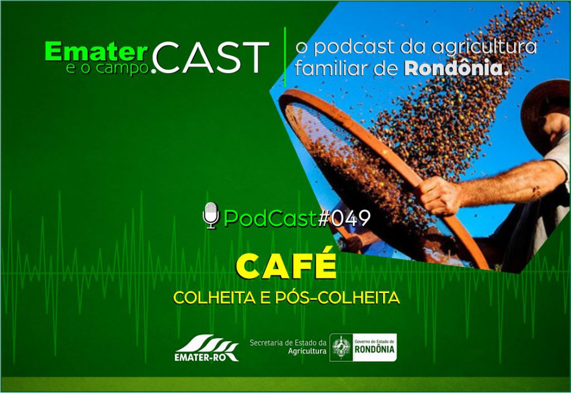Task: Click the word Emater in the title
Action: pos(96,52)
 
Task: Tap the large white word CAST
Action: pos(210,57)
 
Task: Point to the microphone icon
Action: pos(211,215)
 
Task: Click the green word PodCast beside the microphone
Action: pos(270,218)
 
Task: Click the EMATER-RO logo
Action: pos(206,347)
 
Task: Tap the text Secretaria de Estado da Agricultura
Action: pos(288,347)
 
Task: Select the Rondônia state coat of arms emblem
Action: pos(341,347)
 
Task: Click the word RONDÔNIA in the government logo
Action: pos(374,349)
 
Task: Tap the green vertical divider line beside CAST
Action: pos(285,57)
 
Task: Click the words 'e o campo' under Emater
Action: pos(108,68)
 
